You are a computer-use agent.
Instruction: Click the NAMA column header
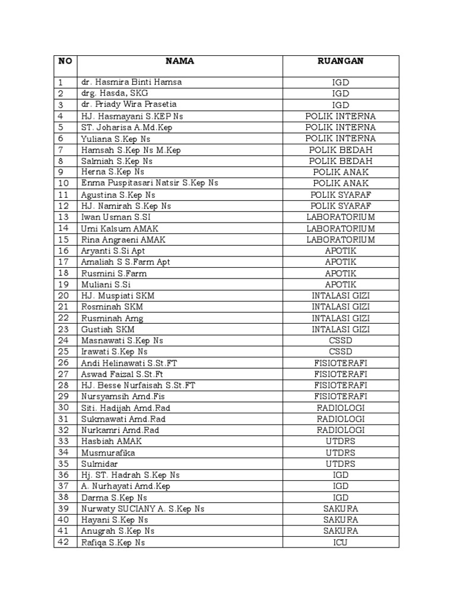coord(179,61)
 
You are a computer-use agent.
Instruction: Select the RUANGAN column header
coord(340,61)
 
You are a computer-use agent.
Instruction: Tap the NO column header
coord(65,61)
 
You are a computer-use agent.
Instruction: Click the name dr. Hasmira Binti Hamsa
coord(131,82)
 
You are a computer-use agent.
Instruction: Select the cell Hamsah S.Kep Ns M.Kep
coord(131,150)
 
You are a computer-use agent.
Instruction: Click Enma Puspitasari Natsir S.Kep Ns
coord(150,183)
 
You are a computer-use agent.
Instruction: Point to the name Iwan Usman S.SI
coord(112,217)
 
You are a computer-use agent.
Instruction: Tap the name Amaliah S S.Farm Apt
coord(125,262)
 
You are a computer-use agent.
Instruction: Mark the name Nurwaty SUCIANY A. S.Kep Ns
coord(142,509)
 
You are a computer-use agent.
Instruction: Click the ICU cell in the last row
coord(340,542)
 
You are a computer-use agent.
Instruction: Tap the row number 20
coord(65,296)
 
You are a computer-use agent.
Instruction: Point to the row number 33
coord(65,441)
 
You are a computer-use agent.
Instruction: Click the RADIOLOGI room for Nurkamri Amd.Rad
coord(340,430)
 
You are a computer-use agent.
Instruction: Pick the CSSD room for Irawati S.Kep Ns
coord(340,351)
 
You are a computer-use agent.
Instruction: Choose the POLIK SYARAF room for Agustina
coord(340,195)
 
